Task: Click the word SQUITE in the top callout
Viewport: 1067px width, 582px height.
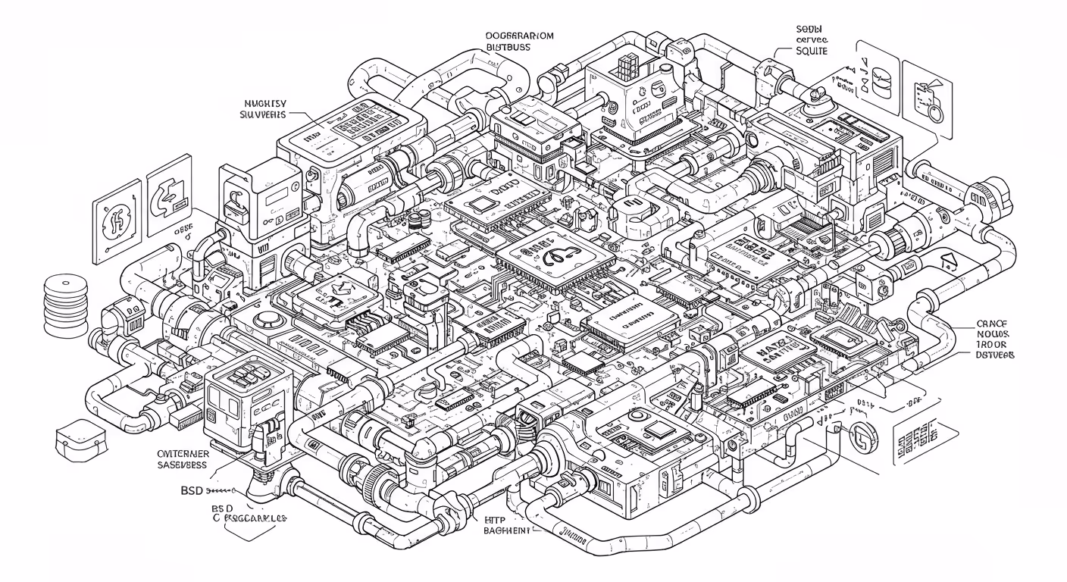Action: [811, 51]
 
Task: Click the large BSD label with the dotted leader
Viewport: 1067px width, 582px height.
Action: [191, 491]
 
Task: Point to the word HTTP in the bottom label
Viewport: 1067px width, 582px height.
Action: [494, 521]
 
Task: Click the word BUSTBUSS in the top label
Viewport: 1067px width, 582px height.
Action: [508, 47]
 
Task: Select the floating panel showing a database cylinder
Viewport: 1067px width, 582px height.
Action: [880, 78]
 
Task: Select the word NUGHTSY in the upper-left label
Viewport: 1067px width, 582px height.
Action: [264, 103]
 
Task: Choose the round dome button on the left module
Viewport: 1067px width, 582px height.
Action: [266, 319]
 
